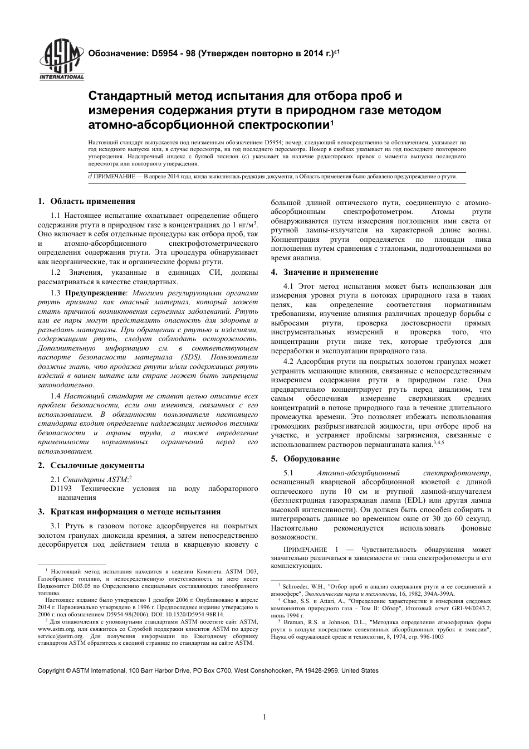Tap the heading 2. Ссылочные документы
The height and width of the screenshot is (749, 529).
pyautogui.click(x=90, y=465)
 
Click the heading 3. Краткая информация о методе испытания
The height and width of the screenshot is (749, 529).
pyautogui.click(x=129, y=512)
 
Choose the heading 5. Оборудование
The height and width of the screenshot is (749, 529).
pyautogui.click(x=305, y=459)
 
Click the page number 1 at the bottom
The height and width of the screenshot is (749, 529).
pyautogui.click(x=264, y=717)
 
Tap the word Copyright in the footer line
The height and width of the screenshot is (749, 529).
pyautogui.click(x=51, y=670)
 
